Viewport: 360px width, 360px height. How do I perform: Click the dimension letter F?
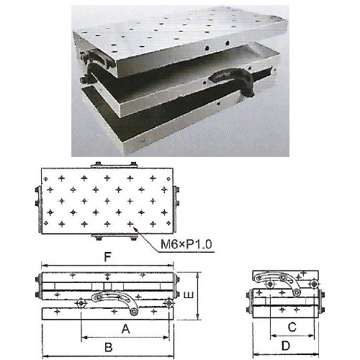click(108, 257)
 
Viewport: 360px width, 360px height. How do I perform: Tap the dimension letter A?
click(126, 329)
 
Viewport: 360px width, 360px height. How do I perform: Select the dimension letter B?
click(109, 347)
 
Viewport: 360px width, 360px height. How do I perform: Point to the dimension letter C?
click(292, 328)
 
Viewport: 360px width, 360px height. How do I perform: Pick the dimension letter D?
click(286, 346)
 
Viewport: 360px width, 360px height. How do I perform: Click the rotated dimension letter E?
click(189, 294)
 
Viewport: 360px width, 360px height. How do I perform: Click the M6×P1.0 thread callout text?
click(186, 245)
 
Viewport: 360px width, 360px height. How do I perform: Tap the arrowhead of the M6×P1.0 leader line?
click(136, 229)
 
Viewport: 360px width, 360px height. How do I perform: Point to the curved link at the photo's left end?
click(96, 59)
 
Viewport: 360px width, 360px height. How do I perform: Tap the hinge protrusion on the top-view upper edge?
click(114, 165)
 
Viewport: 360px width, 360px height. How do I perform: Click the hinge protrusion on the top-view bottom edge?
click(114, 237)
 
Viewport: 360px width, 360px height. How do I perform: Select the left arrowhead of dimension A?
click(84, 338)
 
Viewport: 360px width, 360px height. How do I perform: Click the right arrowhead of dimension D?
click(316, 354)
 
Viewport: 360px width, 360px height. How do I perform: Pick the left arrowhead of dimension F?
click(45, 266)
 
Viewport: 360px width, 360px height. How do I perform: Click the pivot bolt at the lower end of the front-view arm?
click(133, 312)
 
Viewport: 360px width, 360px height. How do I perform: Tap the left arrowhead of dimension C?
click(273, 336)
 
